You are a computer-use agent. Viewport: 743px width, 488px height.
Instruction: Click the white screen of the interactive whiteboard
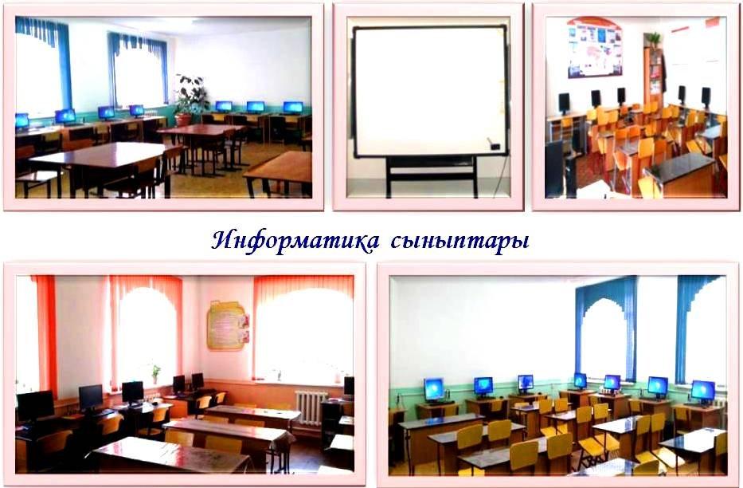pos(428,89)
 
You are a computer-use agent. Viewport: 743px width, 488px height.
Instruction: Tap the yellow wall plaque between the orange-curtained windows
pos(229,325)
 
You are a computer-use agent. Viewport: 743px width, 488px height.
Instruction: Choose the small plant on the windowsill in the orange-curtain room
pos(155,372)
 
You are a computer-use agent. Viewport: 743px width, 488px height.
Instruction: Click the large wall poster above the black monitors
pos(594,49)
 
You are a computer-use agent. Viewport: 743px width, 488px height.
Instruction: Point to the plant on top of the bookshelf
pos(653,39)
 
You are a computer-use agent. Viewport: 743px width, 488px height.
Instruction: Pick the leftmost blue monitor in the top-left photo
pos(22,120)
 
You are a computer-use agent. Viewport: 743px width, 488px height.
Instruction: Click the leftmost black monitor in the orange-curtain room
pos(36,405)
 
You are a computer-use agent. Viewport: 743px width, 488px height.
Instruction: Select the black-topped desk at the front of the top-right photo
pos(678,171)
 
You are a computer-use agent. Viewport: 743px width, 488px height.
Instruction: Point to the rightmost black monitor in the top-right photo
pos(706,96)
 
